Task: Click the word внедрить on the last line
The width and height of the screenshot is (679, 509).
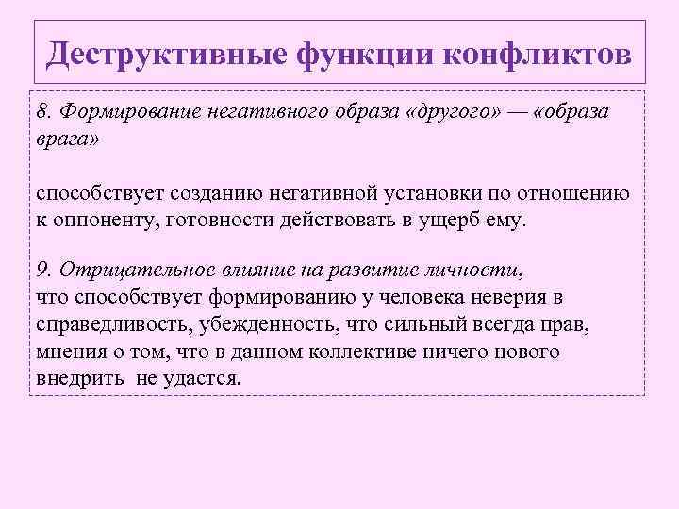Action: (x=79, y=379)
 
